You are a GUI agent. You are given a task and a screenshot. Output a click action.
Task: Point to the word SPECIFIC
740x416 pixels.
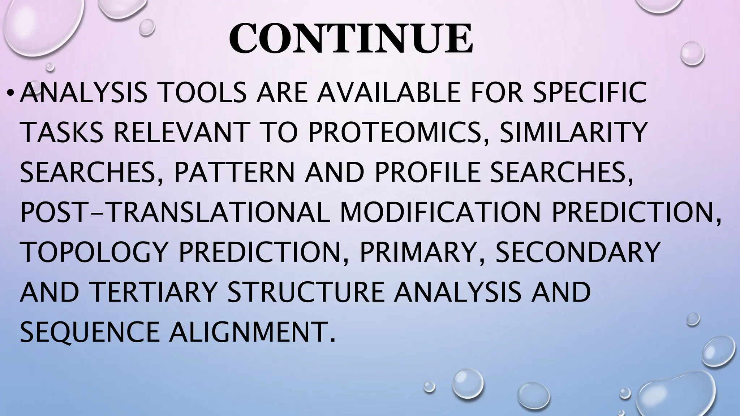coord(589,92)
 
